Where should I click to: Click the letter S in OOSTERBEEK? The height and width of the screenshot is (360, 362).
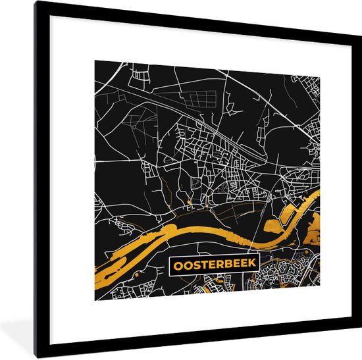point(195,265)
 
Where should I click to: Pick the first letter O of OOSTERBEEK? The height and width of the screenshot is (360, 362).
point(178,265)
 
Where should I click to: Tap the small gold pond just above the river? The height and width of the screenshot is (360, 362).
point(189,201)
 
